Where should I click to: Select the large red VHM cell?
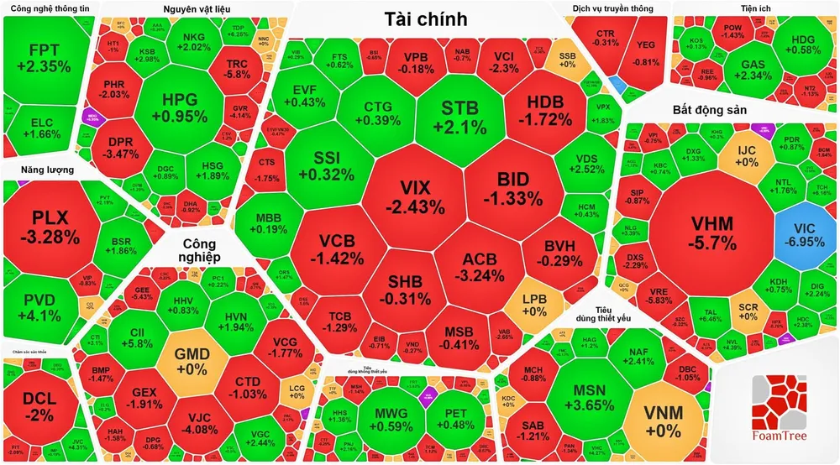coord(711,232)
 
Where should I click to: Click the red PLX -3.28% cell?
coord(49,227)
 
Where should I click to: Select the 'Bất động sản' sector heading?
coord(711,110)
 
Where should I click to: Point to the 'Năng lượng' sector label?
coord(38,170)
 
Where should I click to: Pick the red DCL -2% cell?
coord(38,405)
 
